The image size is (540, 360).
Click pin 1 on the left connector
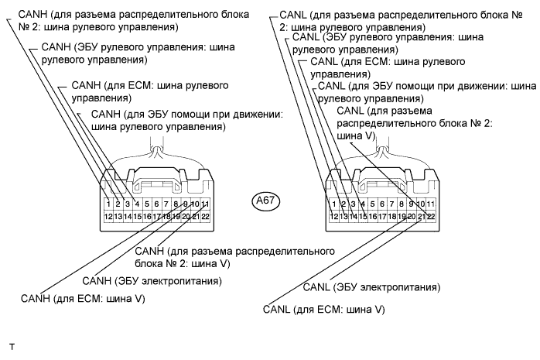pyautogui.click(x=108, y=204)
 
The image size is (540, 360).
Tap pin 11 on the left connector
pyautogui.click(x=206, y=204)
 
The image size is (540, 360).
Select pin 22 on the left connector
pyautogui.click(x=206, y=216)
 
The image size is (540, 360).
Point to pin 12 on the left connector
pyautogui.click(x=108, y=216)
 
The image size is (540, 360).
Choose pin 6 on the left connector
pyautogui.click(x=157, y=204)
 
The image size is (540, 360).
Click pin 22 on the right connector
pyautogui.click(x=431, y=216)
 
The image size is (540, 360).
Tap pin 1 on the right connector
pyautogui.click(x=333, y=204)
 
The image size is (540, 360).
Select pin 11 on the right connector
pyautogui.click(x=431, y=204)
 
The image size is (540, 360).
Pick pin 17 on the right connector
pyautogui.click(x=382, y=216)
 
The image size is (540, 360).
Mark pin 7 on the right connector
pyautogui.click(x=392, y=204)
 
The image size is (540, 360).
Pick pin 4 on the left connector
pyautogui.click(x=138, y=204)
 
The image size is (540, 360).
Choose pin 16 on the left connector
pyautogui.click(x=147, y=216)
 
